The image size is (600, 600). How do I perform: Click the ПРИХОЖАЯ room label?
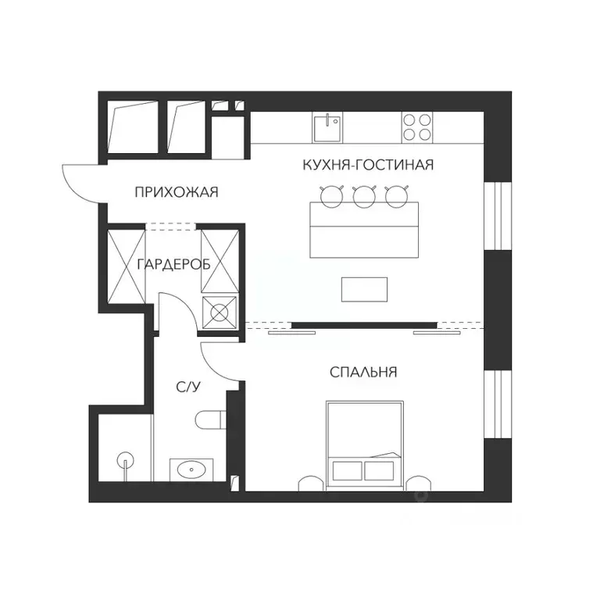click(x=175, y=192)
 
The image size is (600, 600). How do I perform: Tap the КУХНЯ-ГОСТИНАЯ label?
click(x=367, y=165)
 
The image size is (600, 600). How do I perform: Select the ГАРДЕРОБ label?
click(x=173, y=264)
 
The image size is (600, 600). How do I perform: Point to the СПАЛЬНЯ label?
click(x=363, y=373)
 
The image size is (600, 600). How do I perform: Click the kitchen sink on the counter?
click(x=327, y=127)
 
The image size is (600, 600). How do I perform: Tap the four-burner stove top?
click(x=417, y=127)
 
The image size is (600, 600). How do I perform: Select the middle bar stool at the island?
click(x=364, y=196)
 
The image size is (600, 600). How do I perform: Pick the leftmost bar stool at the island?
click(x=332, y=196)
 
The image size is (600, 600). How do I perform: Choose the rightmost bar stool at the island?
click(x=397, y=196)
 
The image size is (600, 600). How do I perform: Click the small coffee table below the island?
click(x=364, y=289)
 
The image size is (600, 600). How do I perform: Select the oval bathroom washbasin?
click(x=191, y=470)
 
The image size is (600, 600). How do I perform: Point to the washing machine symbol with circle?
click(x=220, y=312)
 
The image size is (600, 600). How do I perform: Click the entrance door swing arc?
click(x=78, y=181)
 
